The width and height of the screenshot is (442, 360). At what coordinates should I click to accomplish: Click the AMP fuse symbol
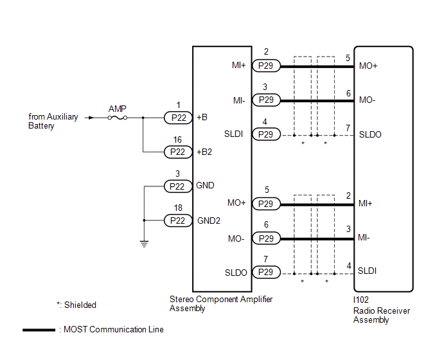click(x=118, y=118)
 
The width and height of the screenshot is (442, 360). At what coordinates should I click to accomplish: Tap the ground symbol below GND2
click(x=144, y=244)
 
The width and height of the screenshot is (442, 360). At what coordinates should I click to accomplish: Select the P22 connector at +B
click(x=178, y=118)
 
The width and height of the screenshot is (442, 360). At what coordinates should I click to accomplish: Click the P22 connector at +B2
click(x=178, y=152)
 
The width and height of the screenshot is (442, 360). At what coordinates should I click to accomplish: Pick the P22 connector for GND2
click(x=178, y=221)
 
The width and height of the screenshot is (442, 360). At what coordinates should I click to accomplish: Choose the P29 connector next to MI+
click(x=266, y=66)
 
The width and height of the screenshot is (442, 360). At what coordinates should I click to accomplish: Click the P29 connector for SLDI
click(x=266, y=134)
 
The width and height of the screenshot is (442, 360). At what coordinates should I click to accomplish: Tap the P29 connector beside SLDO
click(x=266, y=273)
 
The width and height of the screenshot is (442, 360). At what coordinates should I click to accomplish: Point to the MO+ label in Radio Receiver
click(x=368, y=66)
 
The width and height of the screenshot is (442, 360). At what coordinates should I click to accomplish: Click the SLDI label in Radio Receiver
click(x=367, y=271)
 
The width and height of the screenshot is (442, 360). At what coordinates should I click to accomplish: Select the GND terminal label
click(x=205, y=185)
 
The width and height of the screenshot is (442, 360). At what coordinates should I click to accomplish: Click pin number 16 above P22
click(x=177, y=139)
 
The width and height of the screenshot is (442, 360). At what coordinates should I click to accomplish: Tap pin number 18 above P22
click(x=178, y=208)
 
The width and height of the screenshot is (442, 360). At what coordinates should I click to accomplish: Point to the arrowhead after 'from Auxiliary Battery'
click(x=91, y=118)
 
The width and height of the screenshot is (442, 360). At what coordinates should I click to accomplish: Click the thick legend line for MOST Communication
click(x=39, y=330)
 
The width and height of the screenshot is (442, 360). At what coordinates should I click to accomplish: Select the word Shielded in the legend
click(x=80, y=305)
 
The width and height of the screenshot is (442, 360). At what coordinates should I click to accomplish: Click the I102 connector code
click(x=361, y=300)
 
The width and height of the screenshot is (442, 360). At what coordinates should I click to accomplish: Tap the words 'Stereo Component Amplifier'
click(x=221, y=299)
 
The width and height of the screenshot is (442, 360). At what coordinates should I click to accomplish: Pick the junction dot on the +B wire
click(x=143, y=118)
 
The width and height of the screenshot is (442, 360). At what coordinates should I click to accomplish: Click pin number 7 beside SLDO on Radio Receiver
click(x=348, y=128)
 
